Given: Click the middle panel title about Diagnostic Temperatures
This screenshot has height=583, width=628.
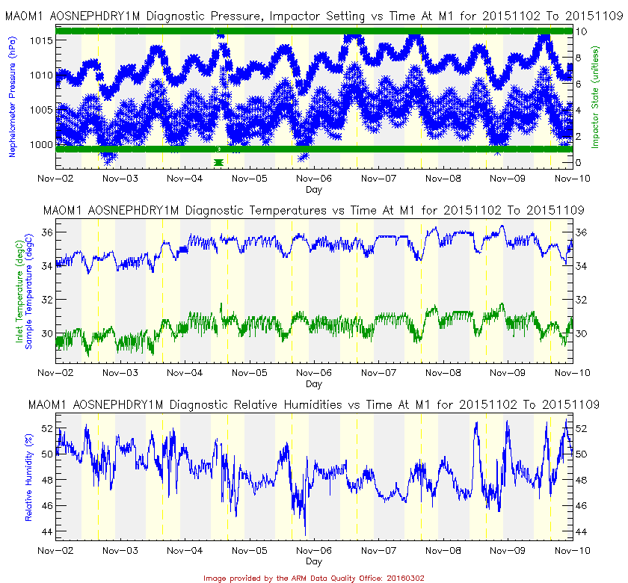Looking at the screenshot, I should coord(314,211).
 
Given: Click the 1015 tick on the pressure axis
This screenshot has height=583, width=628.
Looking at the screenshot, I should coord(40,40).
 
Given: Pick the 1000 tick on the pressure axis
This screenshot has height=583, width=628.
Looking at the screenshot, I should coord(40,144).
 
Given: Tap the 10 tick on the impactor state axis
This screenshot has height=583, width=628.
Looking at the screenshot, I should coord(581,31).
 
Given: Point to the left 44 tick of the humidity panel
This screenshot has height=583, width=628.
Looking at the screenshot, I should coord(46,531).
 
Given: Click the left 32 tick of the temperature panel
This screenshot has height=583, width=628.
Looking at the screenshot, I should coord(46,300).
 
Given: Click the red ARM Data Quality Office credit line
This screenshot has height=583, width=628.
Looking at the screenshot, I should coord(314,577).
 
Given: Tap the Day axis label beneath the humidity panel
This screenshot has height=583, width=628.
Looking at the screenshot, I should coord(314,561).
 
